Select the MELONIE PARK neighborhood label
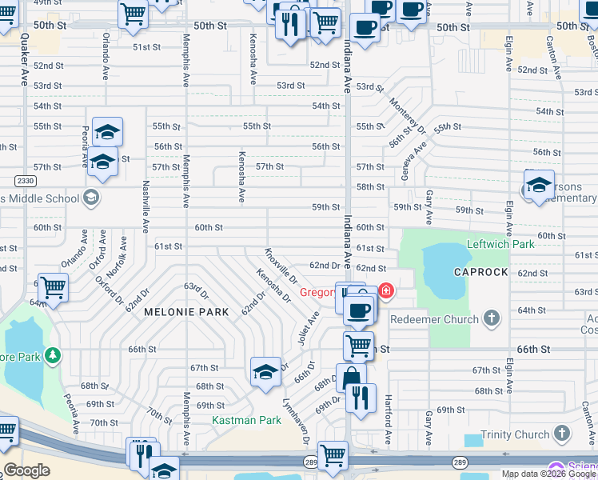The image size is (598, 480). point(186,312)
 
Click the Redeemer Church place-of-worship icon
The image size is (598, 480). point(492,319)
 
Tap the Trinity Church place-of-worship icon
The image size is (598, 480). point(563,435)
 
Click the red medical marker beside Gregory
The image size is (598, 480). point(386,290)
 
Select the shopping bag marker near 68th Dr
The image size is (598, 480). point(350,378)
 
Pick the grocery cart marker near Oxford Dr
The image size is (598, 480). point(53,287)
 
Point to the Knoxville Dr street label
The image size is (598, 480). point(281,266)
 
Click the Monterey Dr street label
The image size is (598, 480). point(406,114)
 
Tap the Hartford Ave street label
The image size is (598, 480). point(388,420)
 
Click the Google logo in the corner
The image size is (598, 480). point(26,470)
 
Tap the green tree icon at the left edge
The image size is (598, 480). point(52,354)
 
